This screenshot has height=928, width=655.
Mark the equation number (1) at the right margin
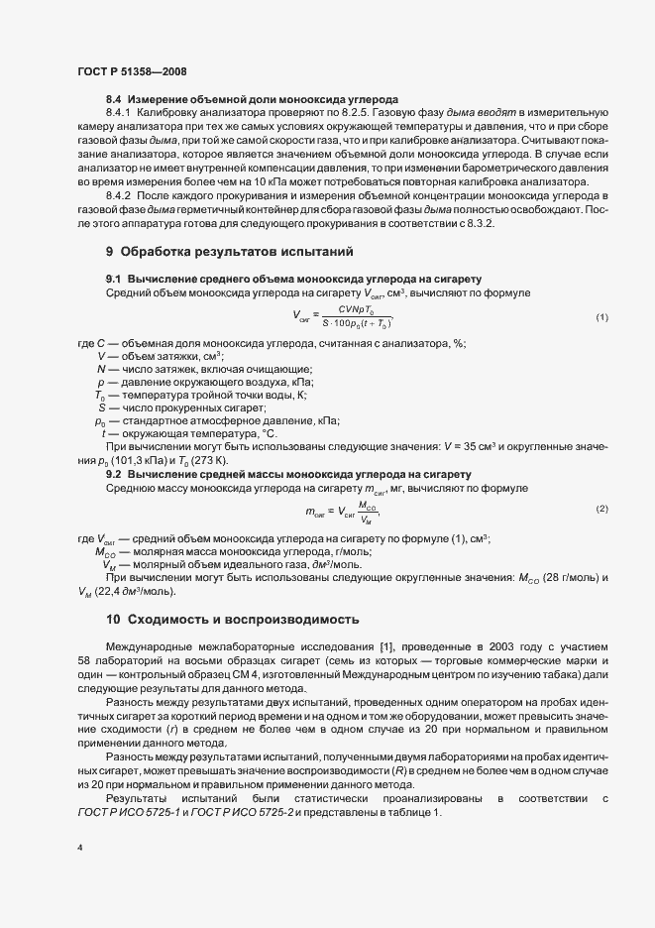tap(601, 317)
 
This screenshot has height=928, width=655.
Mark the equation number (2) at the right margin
tap(601, 509)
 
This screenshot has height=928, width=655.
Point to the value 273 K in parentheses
tap(210, 459)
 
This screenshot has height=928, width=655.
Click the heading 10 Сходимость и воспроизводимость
tap(233, 620)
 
